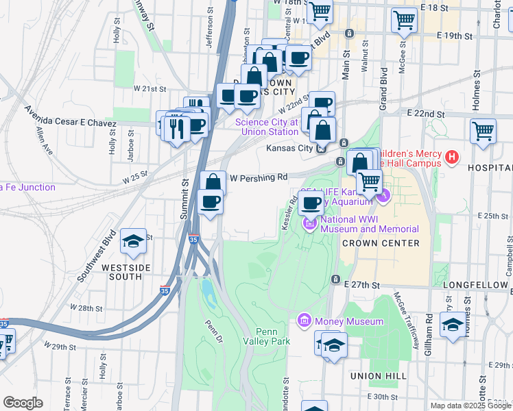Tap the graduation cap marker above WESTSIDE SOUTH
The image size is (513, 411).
[132, 241]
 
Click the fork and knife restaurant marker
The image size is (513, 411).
[177, 127]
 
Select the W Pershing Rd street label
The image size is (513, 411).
[258, 177]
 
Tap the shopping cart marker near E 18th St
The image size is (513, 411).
[404, 20]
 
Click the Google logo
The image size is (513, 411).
[23, 403]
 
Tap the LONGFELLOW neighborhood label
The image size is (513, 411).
[475, 284]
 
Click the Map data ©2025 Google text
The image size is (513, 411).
[470, 406]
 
